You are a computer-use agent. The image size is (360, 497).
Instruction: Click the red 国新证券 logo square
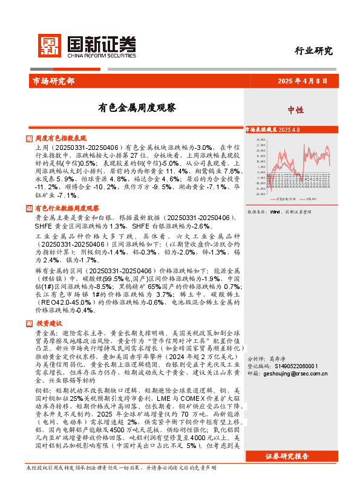click(49, 44)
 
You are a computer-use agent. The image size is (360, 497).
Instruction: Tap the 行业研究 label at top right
click(313, 51)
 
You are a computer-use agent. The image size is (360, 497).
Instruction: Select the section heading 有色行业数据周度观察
click(67, 208)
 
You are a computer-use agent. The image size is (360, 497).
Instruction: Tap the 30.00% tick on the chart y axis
click(262, 139)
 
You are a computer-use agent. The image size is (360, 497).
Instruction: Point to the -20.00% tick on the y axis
click(262, 194)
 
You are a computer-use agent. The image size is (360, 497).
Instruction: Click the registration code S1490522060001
click(296, 366)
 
